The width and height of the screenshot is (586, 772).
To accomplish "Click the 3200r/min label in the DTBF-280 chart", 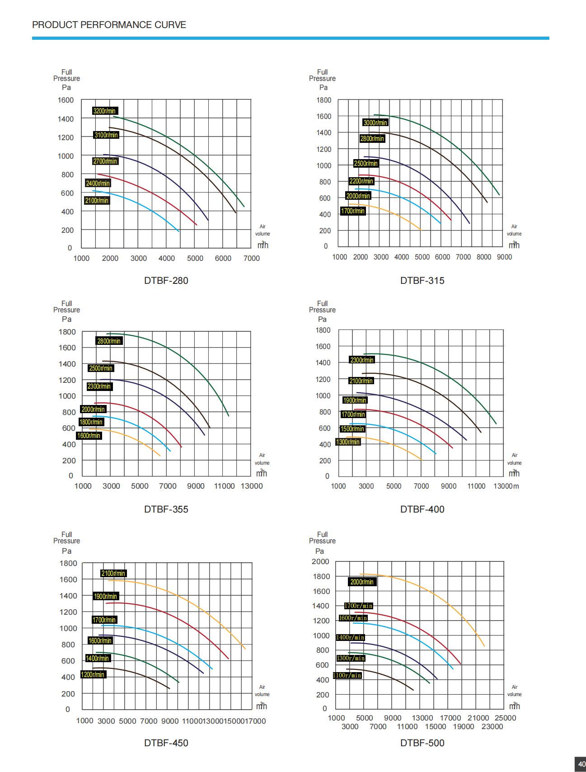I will [104, 111].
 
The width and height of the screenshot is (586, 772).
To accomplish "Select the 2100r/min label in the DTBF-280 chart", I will [97, 201].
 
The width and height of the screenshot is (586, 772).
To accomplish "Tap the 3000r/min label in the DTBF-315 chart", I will [375, 123].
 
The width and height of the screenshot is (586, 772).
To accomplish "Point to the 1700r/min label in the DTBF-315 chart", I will [353, 211].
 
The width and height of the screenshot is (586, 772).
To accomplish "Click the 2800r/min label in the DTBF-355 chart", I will [109, 341].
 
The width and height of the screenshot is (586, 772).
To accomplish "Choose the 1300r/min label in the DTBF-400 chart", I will [348, 442].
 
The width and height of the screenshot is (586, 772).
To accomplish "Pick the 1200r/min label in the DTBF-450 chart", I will [93, 675].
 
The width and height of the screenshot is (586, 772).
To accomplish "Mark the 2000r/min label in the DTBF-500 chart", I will [362, 582].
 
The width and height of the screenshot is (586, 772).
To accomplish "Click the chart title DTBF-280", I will [166, 281].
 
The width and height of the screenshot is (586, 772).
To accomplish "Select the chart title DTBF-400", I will [422, 509].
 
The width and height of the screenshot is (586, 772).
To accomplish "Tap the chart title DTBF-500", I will [422, 743].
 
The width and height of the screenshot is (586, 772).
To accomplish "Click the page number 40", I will [581, 764].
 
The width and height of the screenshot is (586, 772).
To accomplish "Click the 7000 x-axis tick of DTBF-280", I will [252, 259].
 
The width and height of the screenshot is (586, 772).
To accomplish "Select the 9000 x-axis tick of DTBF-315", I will [505, 257].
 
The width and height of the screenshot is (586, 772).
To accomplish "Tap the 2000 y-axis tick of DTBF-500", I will [320, 562].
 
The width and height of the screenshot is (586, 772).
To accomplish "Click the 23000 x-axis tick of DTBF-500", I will [492, 727].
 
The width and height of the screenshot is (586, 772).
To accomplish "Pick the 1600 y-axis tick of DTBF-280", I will [66, 100].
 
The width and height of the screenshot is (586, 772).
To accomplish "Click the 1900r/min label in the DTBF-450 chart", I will [106, 597].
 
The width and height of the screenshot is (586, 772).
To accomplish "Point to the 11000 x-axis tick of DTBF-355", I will [224, 486].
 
